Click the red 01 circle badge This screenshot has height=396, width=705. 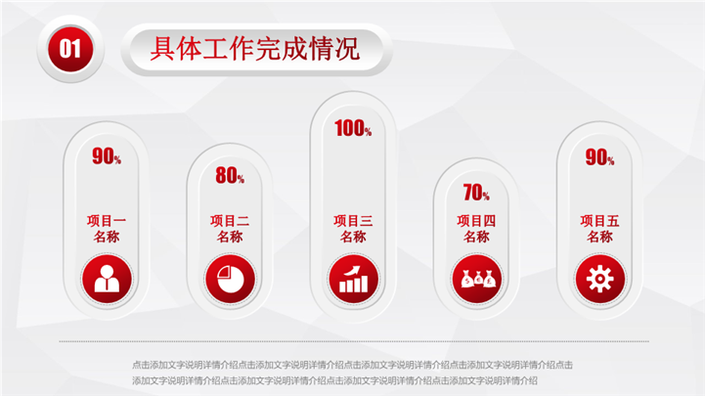(x=70, y=49)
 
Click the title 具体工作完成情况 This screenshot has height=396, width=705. (x=255, y=49)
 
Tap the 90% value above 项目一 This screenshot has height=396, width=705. (x=107, y=156)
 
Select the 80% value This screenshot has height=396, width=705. (x=230, y=175)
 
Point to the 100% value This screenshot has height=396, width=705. (x=353, y=128)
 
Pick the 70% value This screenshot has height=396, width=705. (x=476, y=193)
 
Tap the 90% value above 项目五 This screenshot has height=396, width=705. (x=599, y=157)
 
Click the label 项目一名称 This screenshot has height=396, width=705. (x=107, y=229)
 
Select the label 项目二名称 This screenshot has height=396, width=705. (x=230, y=229)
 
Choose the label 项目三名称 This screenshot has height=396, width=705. (x=353, y=229)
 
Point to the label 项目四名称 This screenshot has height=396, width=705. (x=476, y=229)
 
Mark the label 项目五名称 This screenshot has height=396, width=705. (x=599, y=229)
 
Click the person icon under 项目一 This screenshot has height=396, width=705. (x=107, y=279)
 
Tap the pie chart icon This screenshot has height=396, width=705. (x=230, y=279)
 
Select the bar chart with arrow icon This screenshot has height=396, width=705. (x=353, y=279)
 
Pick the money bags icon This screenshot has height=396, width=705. (x=476, y=279)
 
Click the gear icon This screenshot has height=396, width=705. (x=599, y=279)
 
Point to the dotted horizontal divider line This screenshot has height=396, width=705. (x=354, y=341)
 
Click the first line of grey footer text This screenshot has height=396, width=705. (x=352, y=365)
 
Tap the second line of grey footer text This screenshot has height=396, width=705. (x=334, y=380)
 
